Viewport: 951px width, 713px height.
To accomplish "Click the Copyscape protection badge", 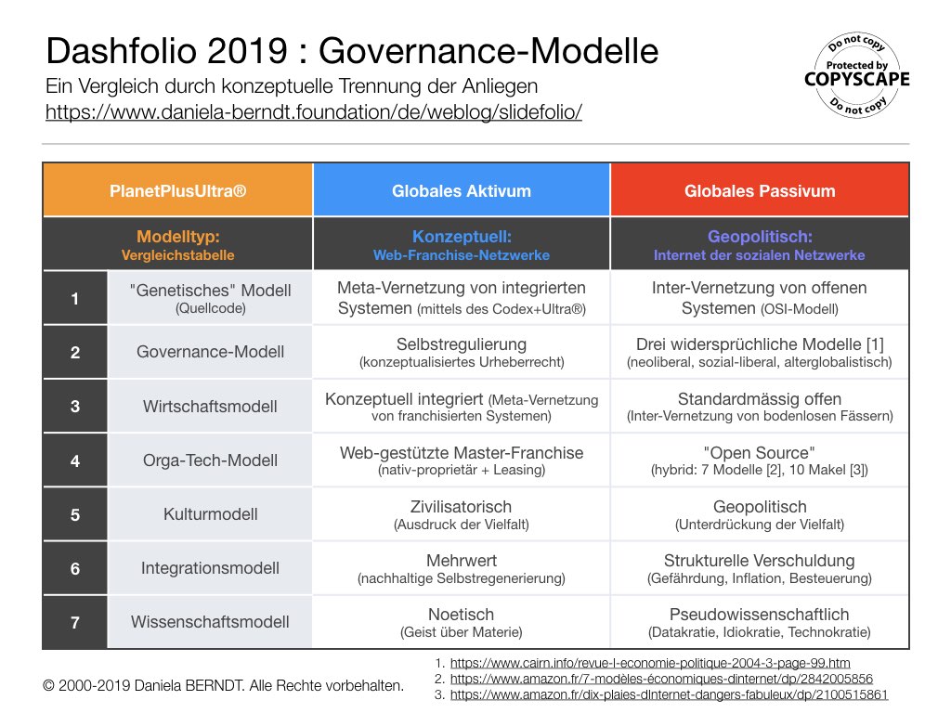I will coord(856,76).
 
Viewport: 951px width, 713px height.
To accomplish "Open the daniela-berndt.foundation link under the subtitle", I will coord(314,113).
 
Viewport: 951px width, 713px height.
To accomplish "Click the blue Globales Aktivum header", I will coord(462,191).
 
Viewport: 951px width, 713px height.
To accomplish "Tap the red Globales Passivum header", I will coord(760,191).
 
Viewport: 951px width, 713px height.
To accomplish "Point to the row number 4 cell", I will coord(75,460).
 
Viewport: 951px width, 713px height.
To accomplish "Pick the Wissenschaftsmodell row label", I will coord(210,622).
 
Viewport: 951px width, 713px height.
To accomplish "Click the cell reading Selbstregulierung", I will coord(462,352).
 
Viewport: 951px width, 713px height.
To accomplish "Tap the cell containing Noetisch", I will coord(462,622).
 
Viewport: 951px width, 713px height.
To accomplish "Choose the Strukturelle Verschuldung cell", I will coord(760,568).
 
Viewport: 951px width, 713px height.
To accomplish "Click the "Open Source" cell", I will coord(760,460).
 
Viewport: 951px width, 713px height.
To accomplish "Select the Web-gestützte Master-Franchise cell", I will coord(462,460).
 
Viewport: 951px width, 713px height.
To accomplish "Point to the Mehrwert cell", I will coord(462,568).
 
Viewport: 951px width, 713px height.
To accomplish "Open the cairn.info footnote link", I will coord(649,664).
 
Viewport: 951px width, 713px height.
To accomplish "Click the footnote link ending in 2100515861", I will coord(669,694).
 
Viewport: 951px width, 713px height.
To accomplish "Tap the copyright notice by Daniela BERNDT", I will coord(224,686).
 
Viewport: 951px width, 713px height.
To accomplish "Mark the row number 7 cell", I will coord(75,622).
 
